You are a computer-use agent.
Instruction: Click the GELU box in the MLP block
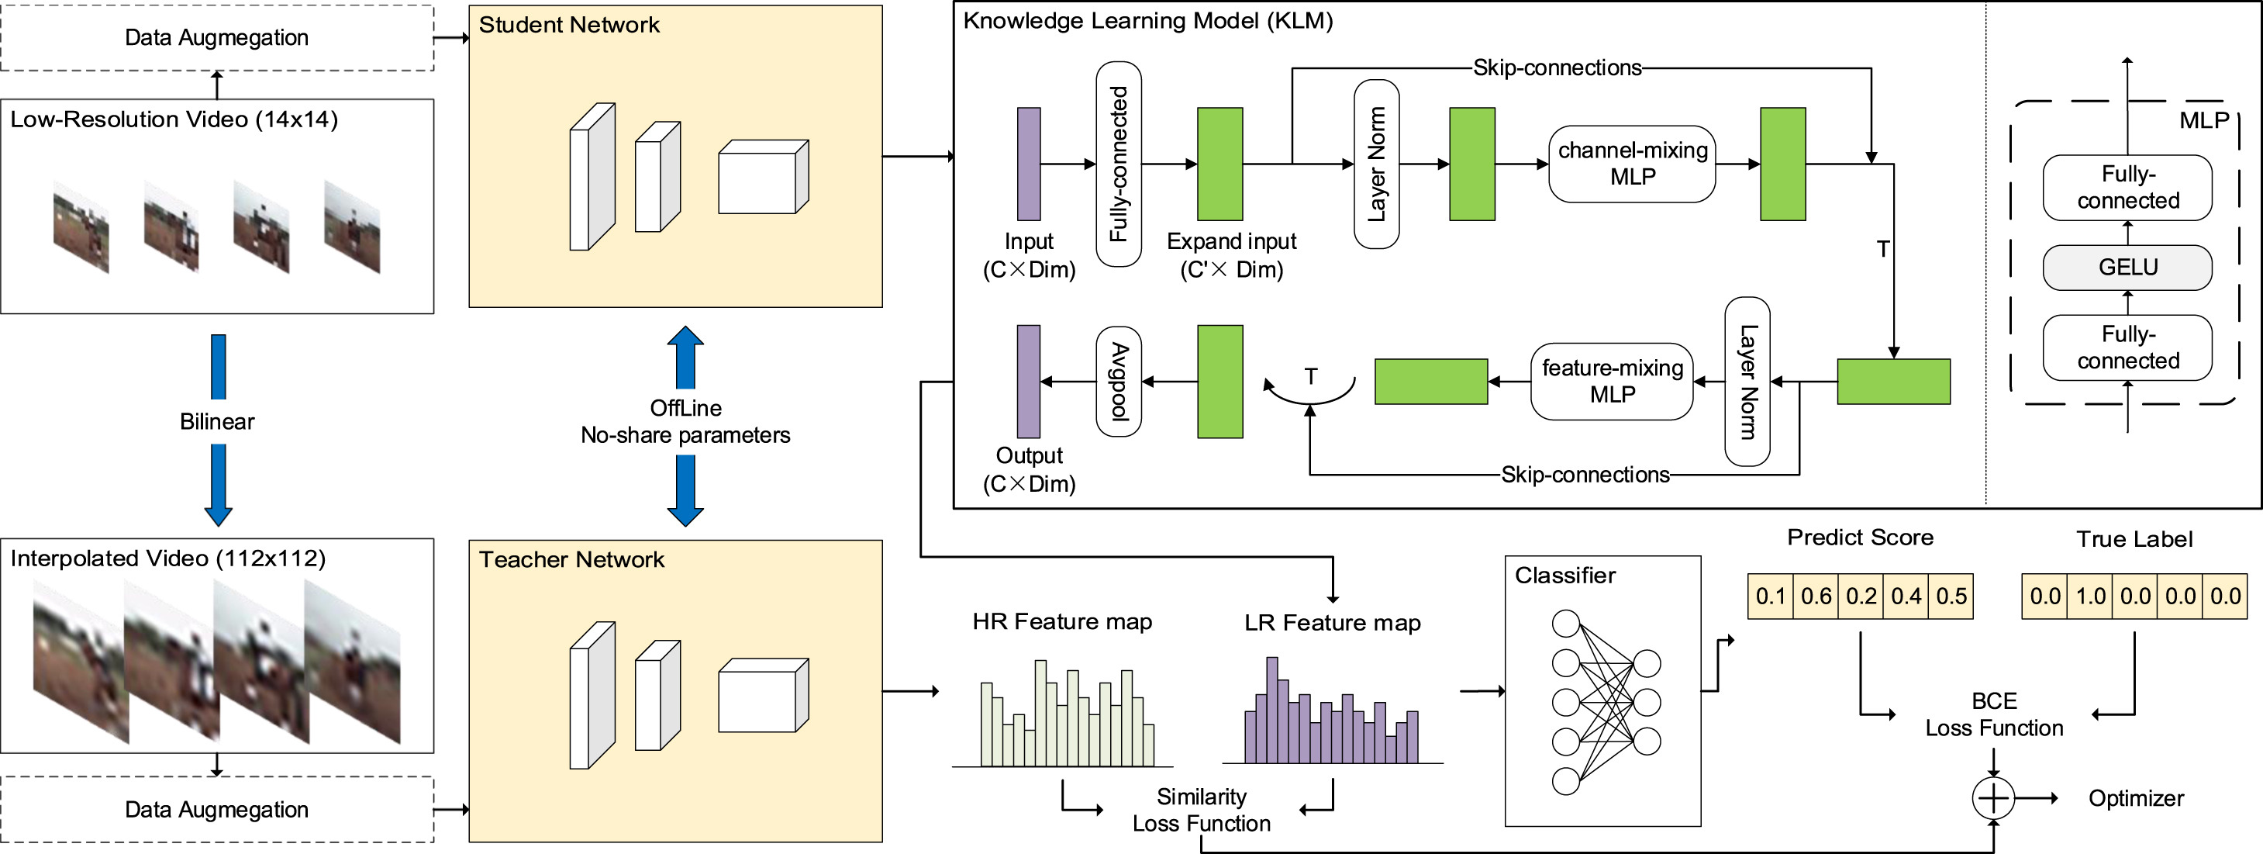[x=2127, y=267]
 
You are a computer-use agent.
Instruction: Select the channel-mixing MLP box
[x=1631, y=164]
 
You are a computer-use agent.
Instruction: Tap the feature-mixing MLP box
[x=1611, y=382]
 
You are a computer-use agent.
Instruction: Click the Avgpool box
[x=1119, y=382]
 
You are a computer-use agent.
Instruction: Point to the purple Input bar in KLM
[x=1029, y=164]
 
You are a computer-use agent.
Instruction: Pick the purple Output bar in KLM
[x=1029, y=382]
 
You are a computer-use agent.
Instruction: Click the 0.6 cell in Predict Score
[x=1816, y=596]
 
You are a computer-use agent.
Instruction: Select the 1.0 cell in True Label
[x=2090, y=596]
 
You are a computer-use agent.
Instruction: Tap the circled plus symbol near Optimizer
[x=1993, y=798]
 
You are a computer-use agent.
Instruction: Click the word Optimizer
[x=2136, y=799]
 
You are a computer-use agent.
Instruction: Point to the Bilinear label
[x=217, y=422]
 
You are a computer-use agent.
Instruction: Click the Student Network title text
[x=568, y=25]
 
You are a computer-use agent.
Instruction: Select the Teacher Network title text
[x=571, y=560]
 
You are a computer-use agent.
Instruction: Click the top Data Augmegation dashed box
[x=217, y=38]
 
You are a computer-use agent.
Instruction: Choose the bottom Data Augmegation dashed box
[x=217, y=809]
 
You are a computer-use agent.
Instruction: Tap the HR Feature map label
[x=1061, y=622]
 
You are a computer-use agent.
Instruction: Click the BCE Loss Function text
[x=1994, y=714]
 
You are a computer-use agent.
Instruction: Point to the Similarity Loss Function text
[x=1201, y=810]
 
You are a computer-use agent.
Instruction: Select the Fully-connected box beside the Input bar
[x=1119, y=164]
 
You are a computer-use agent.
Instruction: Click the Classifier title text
[x=1564, y=576]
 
